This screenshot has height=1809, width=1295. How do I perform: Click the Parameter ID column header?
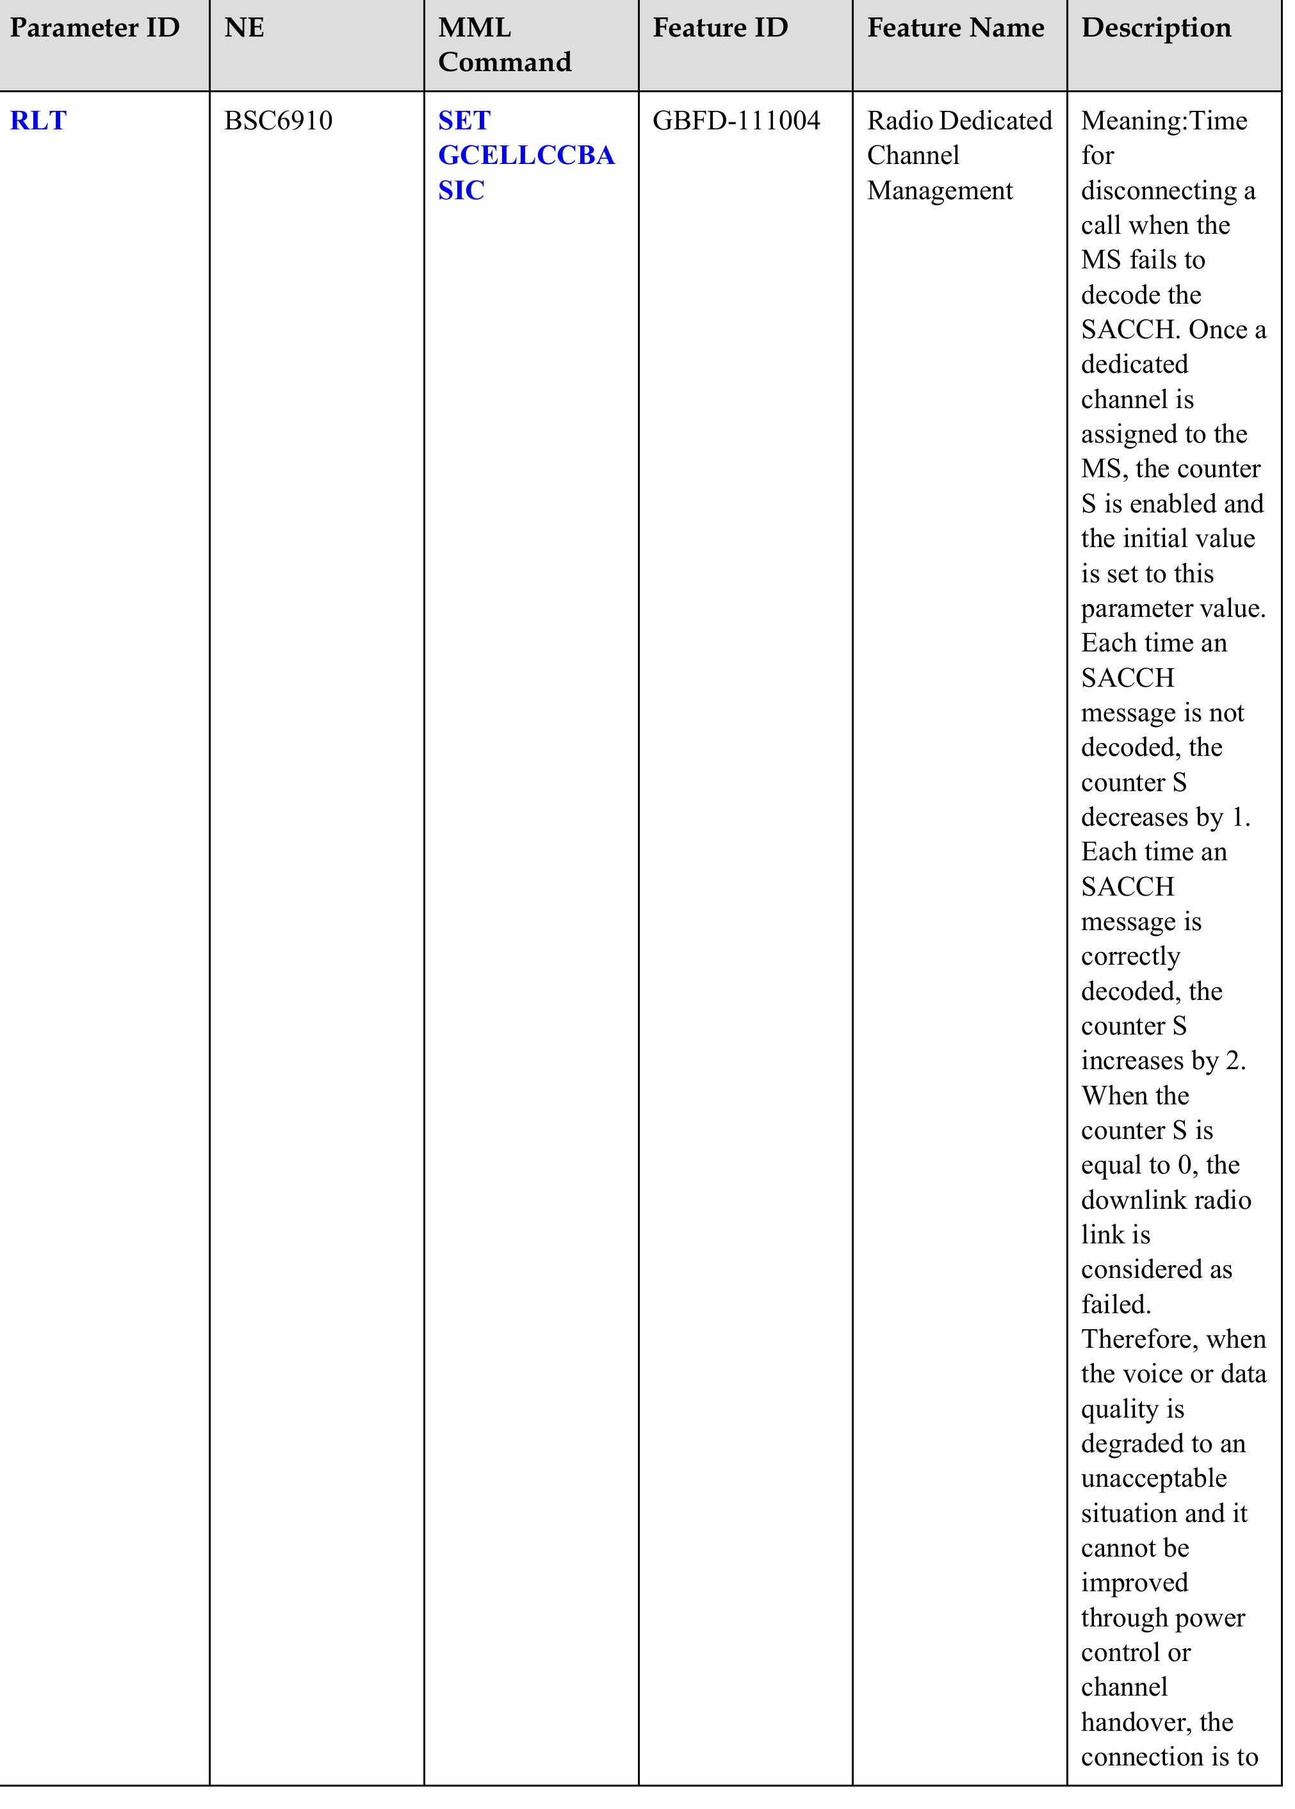(94, 29)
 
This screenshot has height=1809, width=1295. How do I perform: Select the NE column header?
(244, 29)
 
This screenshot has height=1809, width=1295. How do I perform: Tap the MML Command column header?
(504, 45)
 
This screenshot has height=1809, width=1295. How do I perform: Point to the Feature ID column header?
(719, 29)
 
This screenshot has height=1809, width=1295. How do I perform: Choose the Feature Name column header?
(956, 29)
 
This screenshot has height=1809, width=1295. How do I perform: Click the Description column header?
(1155, 29)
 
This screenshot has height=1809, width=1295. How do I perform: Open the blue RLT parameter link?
(38, 121)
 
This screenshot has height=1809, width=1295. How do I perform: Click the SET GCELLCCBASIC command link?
(526, 156)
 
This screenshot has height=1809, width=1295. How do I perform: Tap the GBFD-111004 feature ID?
(735, 121)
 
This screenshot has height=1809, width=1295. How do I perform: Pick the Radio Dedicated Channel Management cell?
(959, 156)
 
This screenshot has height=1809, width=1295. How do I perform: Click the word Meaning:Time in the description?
(1164, 121)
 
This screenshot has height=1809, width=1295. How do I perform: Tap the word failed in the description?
(1115, 1305)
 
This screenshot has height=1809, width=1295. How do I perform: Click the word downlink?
(1133, 1200)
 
